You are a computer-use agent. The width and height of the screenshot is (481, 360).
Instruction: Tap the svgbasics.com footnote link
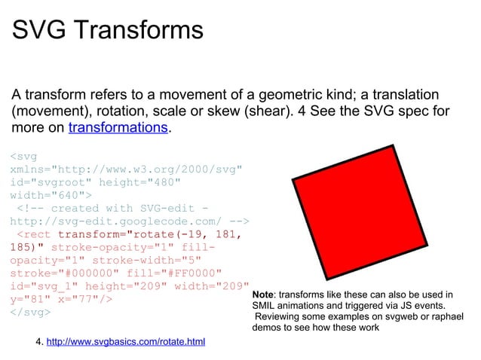tap(126, 343)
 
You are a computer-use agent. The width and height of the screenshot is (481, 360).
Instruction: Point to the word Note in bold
tap(263, 294)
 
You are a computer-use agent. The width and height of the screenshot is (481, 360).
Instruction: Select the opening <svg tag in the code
tap(23, 156)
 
